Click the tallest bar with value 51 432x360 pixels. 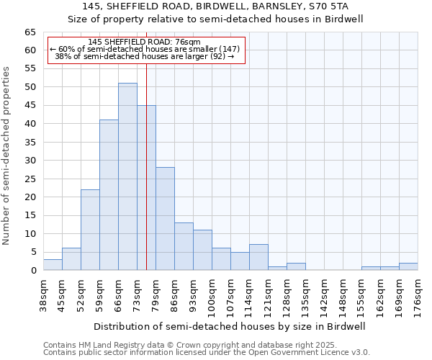(x=127, y=176)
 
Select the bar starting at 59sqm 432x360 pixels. (x=109, y=194)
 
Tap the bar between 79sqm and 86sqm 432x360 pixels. (x=165, y=218)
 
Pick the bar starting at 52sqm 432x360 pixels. (x=90, y=230)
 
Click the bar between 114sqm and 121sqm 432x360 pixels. (x=258, y=257)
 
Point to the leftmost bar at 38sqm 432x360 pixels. (x=53, y=264)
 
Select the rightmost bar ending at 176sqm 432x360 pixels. (x=408, y=266)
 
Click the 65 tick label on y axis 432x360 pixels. (x=30, y=32)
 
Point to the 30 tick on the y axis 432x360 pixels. (x=30, y=161)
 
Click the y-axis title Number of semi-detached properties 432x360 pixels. (x=7, y=156)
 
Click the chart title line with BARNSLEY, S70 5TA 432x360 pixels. (x=216, y=6)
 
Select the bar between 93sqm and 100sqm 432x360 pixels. (x=202, y=250)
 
